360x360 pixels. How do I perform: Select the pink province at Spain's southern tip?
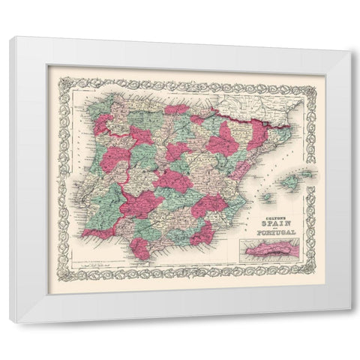coord(140,247)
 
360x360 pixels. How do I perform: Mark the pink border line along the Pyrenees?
coord(232,115)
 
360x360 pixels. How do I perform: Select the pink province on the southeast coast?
coord(202,234)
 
